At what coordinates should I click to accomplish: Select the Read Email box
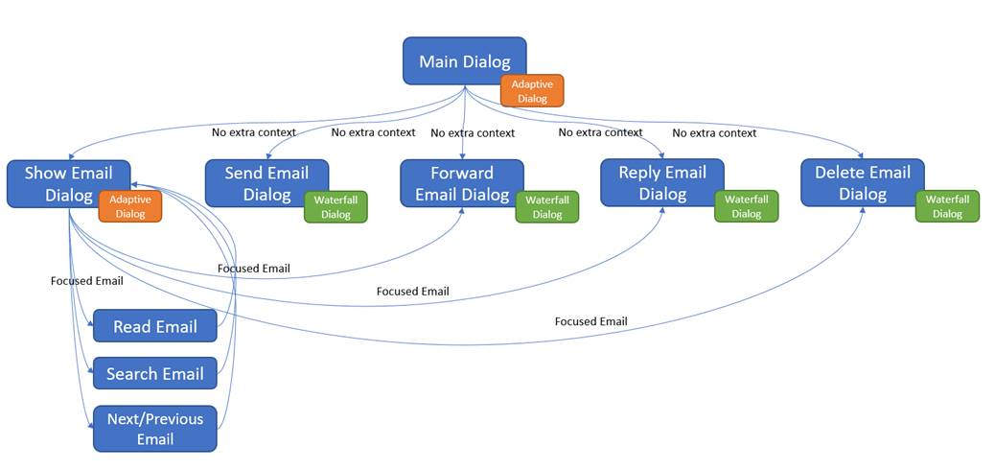point(154,326)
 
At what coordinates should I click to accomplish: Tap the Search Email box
point(154,373)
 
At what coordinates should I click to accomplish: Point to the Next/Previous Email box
point(154,429)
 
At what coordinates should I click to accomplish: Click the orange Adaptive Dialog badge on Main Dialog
point(532,91)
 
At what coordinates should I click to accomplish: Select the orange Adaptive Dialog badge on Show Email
point(130,206)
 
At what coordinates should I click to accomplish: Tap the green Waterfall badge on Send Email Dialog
point(336,207)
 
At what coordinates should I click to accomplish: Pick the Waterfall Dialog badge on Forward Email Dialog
point(547,207)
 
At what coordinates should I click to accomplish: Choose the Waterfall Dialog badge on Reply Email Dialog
point(747,207)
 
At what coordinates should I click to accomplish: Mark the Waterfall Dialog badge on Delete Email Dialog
point(947,207)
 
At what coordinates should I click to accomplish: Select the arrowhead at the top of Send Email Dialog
point(268,156)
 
